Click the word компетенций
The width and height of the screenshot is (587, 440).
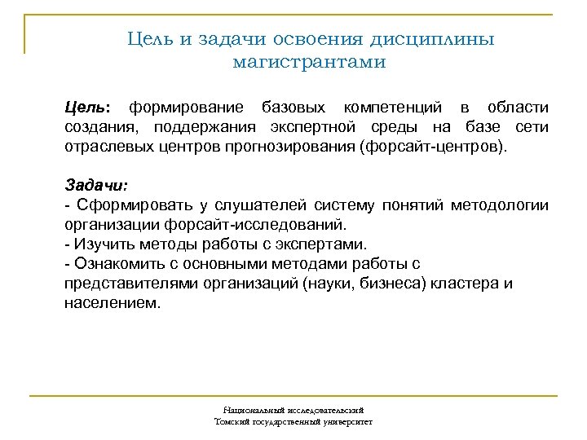[393, 108]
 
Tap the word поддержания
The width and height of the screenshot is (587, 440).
[211, 127]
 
